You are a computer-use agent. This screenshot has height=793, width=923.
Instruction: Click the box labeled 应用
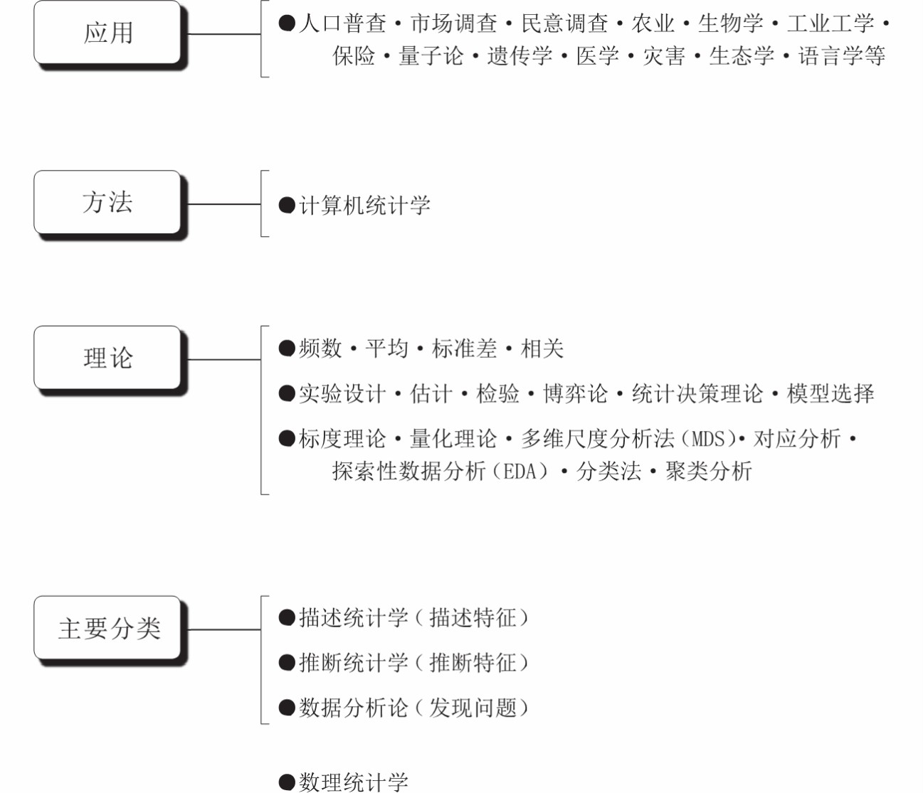pyautogui.click(x=107, y=33)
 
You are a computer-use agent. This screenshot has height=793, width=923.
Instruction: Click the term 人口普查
pyautogui.click(x=342, y=23)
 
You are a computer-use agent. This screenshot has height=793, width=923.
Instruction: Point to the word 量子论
pyautogui.click(x=431, y=56)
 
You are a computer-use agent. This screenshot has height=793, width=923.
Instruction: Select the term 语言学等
pyautogui.click(x=842, y=56)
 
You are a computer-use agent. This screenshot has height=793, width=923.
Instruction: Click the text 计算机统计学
pyautogui.click(x=364, y=206)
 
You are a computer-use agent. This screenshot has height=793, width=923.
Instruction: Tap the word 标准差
pyautogui.click(x=465, y=348)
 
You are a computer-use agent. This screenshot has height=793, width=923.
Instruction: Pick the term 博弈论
pyautogui.click(x=575, y=393)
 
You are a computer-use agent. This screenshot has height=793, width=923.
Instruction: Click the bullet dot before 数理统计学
pyautogui.click(x=287, y=782)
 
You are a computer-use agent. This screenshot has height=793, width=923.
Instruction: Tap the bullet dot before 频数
pyautogui.click(x=287, y=348)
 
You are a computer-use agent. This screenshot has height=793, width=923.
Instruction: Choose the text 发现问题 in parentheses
pyautogui.click(x=473, y=708)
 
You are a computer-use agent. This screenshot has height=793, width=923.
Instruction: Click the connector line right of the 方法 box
pyautogui.click(x=223, y=204)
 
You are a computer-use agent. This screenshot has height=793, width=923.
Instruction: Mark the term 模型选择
pyautogui.click(x=830, y=393)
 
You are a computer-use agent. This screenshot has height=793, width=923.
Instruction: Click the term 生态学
pyautogui.click(x=742, y=56)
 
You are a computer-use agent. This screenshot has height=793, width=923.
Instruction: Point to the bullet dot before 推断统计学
pyautogui.click(x=287, y=663)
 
